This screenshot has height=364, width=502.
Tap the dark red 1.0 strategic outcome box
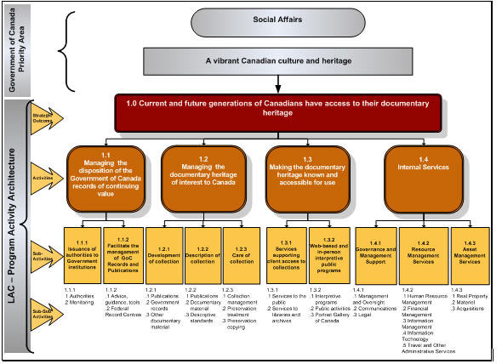(x=275, y=112)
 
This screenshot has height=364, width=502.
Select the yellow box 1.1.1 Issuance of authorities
(x=83, y=254)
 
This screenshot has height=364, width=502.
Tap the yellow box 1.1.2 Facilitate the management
(x=123, y=254)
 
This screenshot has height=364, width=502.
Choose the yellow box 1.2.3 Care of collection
(x=242, y=254)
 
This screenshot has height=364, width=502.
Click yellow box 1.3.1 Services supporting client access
(x=286, y=254)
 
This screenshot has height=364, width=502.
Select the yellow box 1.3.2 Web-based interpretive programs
(x=327, y=254)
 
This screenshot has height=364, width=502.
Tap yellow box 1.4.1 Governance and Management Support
(x=374, y=254)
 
